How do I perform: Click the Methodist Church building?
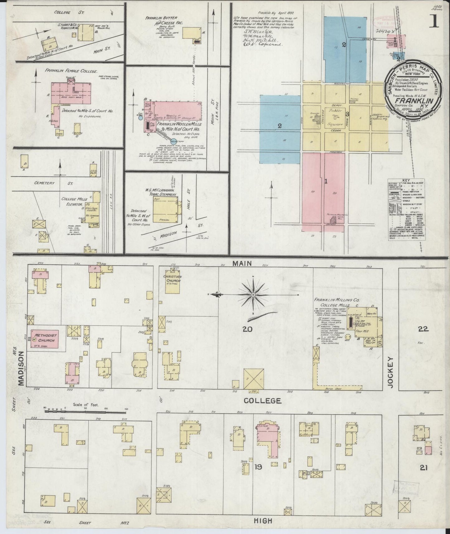[x=44, y=339]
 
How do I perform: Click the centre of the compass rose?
[x=253, y=294]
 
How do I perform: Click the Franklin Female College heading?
[x=71, y=71]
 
